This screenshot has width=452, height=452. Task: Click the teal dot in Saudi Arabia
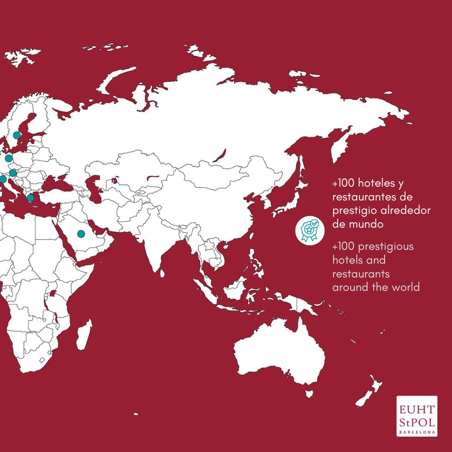81,234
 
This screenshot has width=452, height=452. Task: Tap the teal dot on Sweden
17,135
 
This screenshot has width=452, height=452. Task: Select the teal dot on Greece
31,198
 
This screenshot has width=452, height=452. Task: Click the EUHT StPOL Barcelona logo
417,416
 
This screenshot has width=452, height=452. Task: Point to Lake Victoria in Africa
53,294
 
